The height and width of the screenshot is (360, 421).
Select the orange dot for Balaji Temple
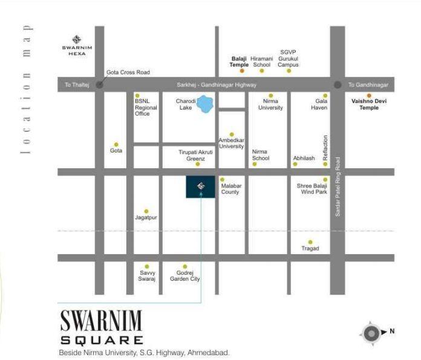pos(241,71)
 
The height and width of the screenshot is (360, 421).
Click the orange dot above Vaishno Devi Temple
pos(369,95)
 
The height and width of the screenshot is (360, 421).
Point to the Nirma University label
pos(270,104)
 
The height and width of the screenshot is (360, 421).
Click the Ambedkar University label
pos(231,143)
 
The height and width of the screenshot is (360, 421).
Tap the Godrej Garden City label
pos(184,275)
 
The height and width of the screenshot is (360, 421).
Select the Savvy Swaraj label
pos(147,275)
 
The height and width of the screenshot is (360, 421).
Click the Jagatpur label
pos(146,217)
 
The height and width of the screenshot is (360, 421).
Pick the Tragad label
pos(310,248)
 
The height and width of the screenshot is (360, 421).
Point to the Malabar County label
pos(230,189)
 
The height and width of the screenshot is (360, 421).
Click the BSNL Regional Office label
pos(146,108)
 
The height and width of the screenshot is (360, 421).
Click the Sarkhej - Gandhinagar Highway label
pos(217,85)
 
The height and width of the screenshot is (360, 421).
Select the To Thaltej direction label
pos(77,85)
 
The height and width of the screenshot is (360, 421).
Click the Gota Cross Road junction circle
pos(100,85)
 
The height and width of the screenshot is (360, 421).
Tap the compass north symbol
pos(371,332)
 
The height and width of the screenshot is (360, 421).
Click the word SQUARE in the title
pos(102,340)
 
